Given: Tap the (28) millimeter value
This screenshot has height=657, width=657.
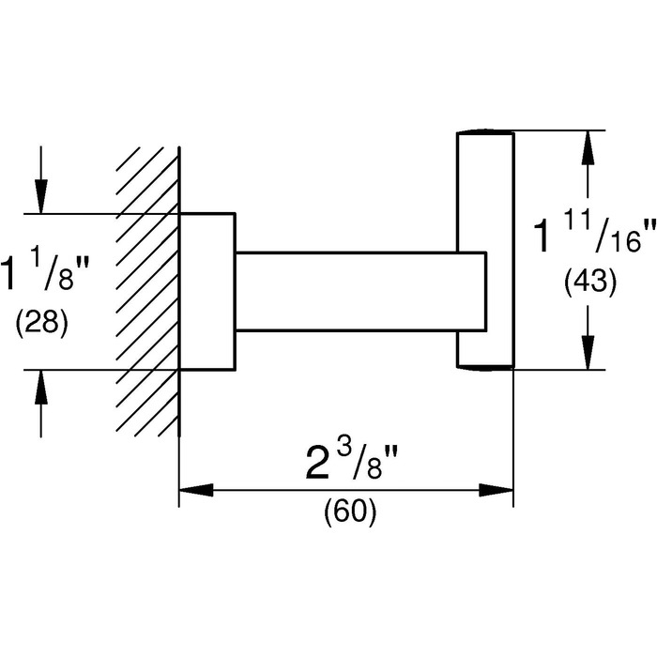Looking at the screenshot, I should (x=42, y=324).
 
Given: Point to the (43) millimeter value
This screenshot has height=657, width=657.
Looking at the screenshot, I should (x=589, y=281).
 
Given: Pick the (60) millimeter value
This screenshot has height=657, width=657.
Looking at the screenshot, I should (x=349, y=512).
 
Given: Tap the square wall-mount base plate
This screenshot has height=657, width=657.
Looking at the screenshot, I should (x=206, y=291).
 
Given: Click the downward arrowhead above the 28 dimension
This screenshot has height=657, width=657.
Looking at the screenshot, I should (x=41, y=197).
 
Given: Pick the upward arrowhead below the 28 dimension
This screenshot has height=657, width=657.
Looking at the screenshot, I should (x=41, y=386).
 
